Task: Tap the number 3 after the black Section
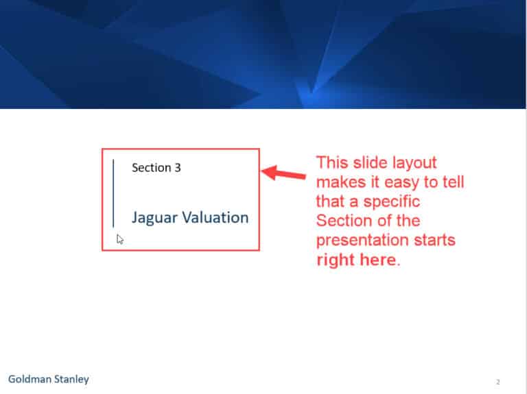[x=178, y=167]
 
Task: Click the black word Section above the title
[x=152, y=167]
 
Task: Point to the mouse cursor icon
[x=120, y=239]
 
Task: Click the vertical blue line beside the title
[x=113, y=193]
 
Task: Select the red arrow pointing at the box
[x=284, y=173]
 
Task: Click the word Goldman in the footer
[x=29, y=379]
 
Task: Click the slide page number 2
[x=498, y=382]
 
